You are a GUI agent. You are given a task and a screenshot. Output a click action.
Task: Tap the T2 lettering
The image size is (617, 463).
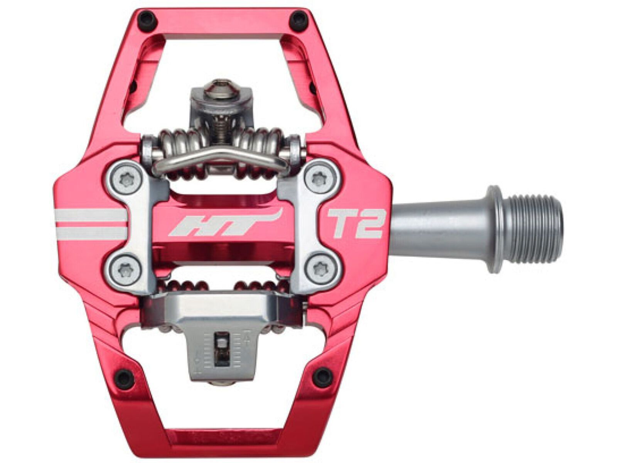pos(354,223)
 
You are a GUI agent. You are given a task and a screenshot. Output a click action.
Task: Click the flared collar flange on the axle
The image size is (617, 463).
pos(494,229)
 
